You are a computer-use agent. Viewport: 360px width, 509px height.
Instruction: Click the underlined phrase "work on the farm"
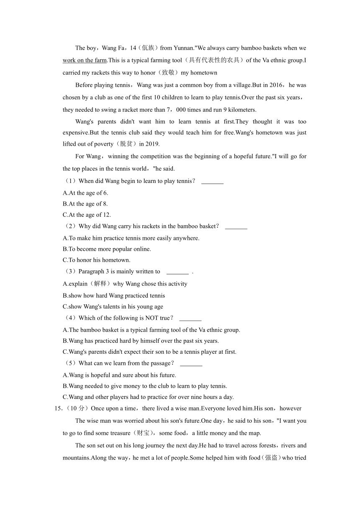(x=85, y=60)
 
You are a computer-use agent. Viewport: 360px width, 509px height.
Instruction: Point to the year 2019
(x=151, y=144)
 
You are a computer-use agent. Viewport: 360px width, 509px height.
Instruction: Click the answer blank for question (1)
(x=212, y=181)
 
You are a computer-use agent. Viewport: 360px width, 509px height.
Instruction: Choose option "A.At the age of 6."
(x=85, y=193)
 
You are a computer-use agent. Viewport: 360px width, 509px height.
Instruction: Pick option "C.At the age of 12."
(x=87, y=215)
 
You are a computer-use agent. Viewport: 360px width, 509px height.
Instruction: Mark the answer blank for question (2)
(x=236, y=226)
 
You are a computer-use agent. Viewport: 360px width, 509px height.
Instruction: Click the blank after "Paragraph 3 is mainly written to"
(x=177, y=272)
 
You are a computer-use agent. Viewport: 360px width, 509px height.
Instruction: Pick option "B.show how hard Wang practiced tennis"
(x=114, y=296)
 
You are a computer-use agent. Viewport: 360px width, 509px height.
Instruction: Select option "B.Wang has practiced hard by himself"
(x=141, y=341)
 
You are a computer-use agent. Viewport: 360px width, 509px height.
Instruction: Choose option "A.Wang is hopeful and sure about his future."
(x=119, y=375)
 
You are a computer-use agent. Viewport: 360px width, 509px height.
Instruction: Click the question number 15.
(x=58, y=409)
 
